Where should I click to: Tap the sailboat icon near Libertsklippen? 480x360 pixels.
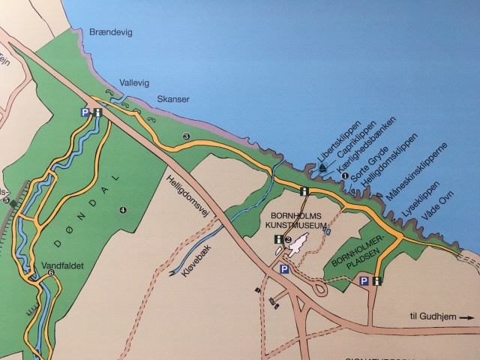322,167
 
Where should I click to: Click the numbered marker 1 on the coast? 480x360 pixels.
345,176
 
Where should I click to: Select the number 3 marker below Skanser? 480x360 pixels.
186,136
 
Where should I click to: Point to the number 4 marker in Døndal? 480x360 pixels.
122,210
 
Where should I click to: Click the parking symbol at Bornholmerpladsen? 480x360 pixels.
364,281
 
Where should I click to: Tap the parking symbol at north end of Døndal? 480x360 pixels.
85,112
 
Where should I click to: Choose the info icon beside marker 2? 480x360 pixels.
277,239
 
